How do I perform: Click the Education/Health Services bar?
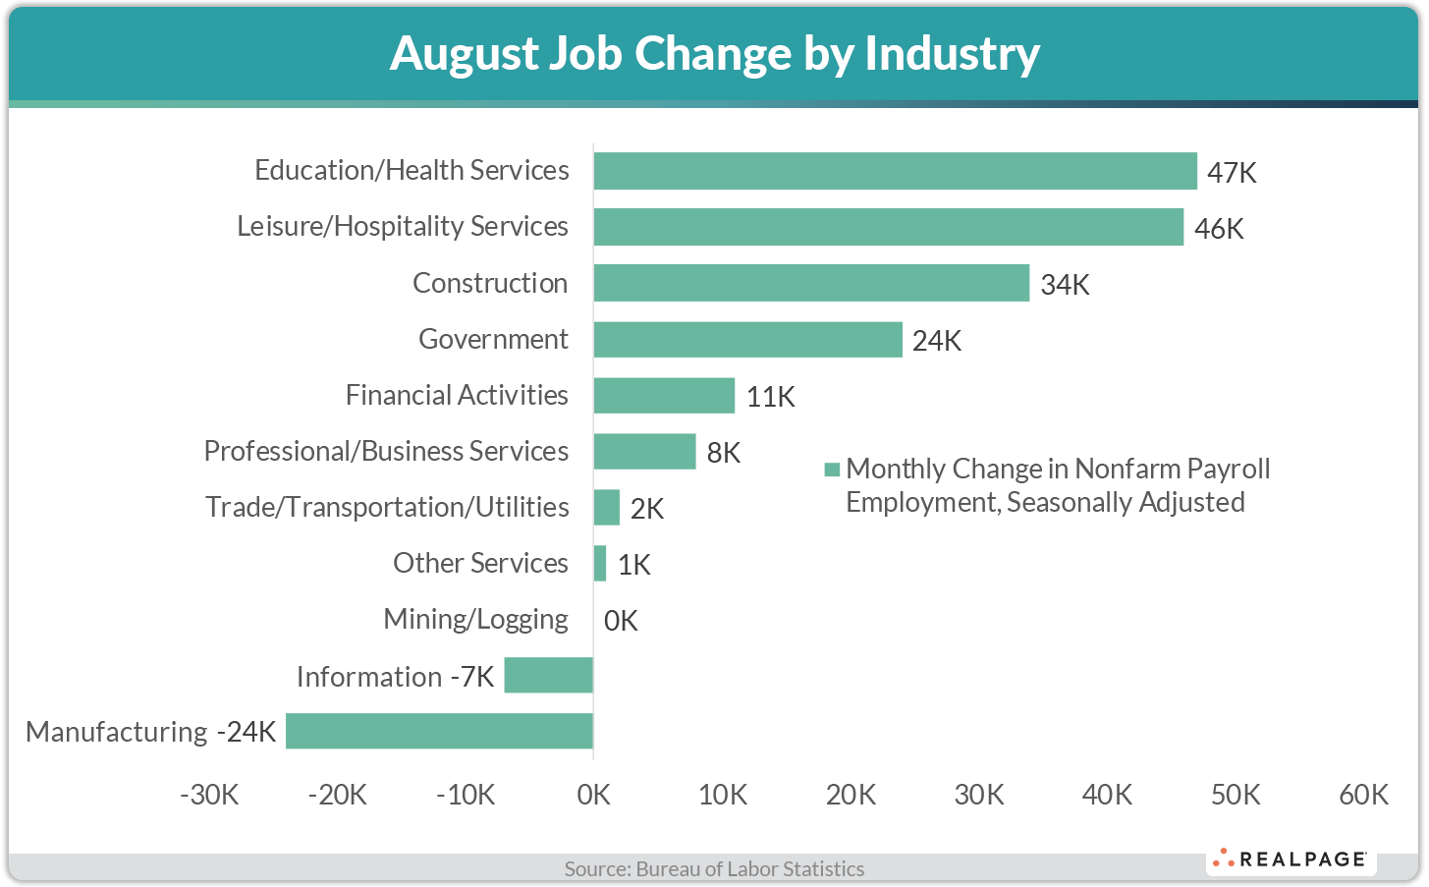pyautogui.click(x=895, y=171)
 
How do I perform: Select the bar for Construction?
pyautogui.click(x=811, y=283)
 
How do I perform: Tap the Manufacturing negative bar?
pyautogui.click(x=439, y=731)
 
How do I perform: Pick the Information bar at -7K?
pyautogui.click(x=548, y=675)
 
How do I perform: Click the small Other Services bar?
pyautogui.click(x=600, y=563)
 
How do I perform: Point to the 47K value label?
pyautogui.click(x=1232, y=173)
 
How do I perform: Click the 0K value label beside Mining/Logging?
pyautogui.click(x=621, y=621)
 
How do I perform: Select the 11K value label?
pyautogui.click(x=770, y=397)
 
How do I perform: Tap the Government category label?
pyautogui.click(x=493, y=339)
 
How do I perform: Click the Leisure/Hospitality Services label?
pyautogui.click(x=403, y=226)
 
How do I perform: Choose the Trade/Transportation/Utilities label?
pyautogui.click(x=387, y=507)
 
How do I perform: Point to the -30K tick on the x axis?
pyautogui.click(x=209, y=795)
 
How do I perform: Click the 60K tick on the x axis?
pyautogui.click(x=1363, y=795)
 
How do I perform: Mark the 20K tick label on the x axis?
pyautogui.click(x=851, y=795)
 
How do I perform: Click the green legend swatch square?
pyautogui.click(x=832, y=470)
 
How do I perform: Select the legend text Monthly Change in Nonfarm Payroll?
pyautogui.click(x=1058, y=469)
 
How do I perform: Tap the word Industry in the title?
pyautogui.click(x=952, y=53)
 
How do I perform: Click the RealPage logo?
pyautogui.click(x=1291, y=859)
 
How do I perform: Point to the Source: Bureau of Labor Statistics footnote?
pyautogui.click(x=714, y=868)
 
